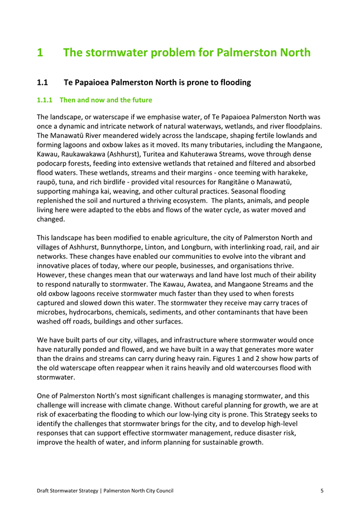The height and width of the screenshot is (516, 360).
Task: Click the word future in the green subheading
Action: coord(141,100)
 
